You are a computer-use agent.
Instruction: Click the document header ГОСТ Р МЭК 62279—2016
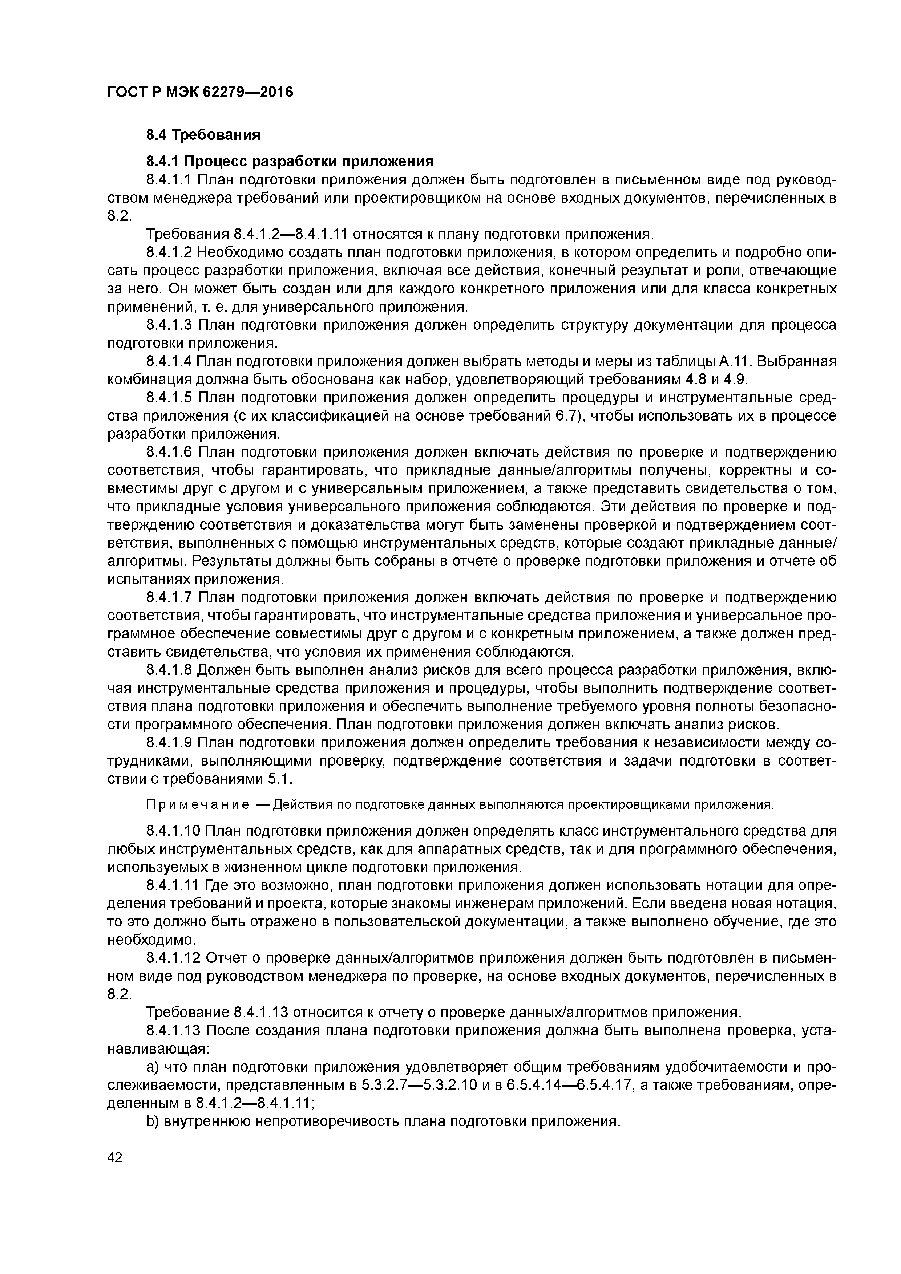click(x=199, y=92)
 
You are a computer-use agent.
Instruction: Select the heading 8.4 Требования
click(x=203, y=135)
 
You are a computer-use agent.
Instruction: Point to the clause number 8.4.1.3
click(x=169, y=325)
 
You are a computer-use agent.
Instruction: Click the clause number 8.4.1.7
click(x=169, y=598)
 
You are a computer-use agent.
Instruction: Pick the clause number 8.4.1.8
click(x=169, y=670)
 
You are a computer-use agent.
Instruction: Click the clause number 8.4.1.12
click(x=173, y=958)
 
